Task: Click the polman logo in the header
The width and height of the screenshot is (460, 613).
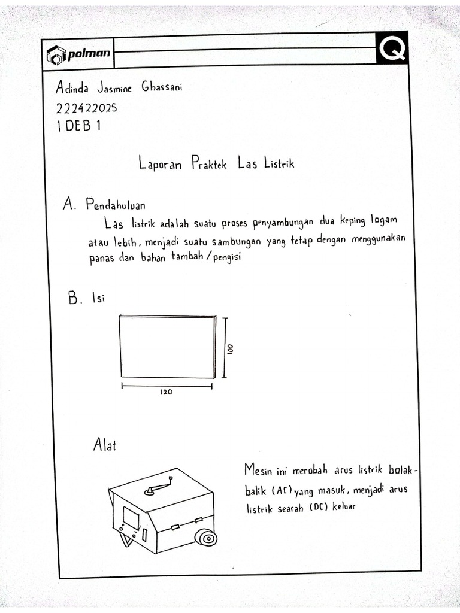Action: (x=78, y=55)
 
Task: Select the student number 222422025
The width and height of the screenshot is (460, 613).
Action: (x=86, y=108)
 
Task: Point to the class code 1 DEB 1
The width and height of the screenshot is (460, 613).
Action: (x=78, y=127)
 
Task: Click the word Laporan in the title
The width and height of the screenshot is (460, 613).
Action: (x=159, y=164)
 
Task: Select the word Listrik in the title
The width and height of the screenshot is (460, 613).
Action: (x=279, y=163)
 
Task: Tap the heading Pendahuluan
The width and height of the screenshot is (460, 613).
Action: (x=116, y=205)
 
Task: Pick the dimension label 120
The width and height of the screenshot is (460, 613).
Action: (x=166, y=393)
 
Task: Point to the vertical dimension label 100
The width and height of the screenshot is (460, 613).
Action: (x=230, y=348)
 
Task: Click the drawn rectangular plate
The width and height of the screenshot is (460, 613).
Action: (x=167, y=347)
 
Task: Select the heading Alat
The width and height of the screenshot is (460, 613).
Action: (x=104, y=445)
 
